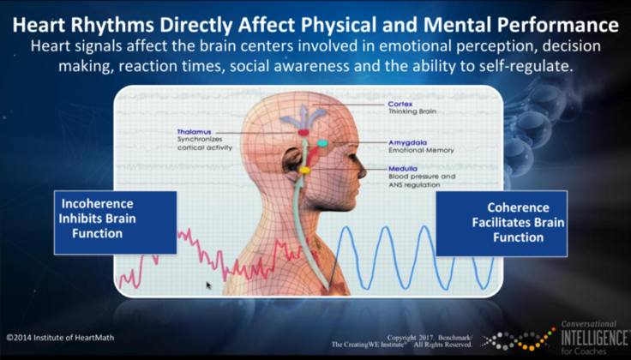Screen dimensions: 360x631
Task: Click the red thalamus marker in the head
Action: [x=303, y=134]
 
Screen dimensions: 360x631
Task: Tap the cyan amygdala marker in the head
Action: [x=322, y=142]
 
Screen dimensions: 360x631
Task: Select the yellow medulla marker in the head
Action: [x=304, y=171]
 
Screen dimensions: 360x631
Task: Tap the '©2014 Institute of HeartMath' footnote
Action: [x=60, y=337]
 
